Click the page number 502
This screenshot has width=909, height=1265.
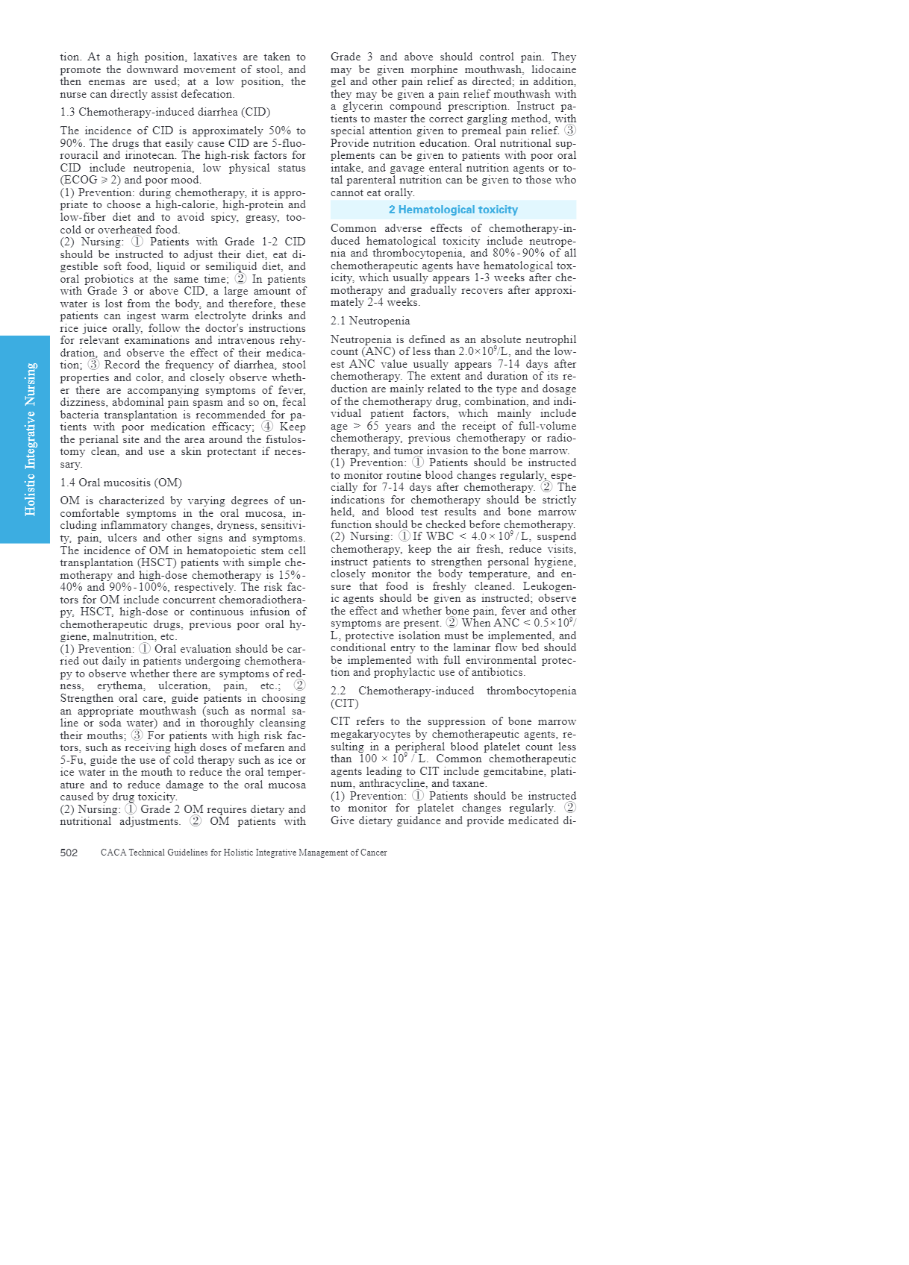point(69,853)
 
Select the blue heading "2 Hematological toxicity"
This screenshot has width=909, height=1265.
point(453,210)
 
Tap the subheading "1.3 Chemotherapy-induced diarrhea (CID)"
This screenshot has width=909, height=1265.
point(165,112)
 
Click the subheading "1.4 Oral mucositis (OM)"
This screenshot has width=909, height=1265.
point(121,483)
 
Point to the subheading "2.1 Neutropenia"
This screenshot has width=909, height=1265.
point(370,321)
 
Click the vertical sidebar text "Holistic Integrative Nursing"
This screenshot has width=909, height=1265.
point(31,439)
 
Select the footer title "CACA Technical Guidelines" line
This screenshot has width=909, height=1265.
point(243,853)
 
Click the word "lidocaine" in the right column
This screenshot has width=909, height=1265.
point(553,69)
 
